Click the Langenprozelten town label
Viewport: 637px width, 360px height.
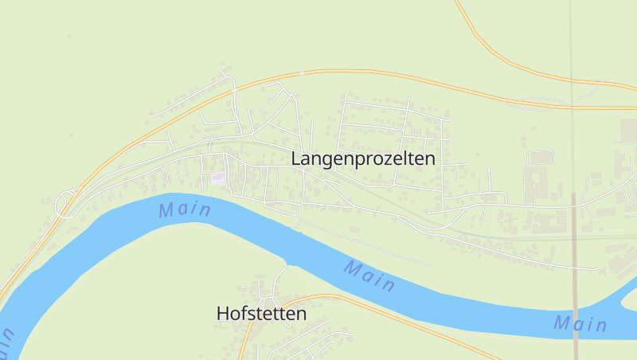[x=363, y=158]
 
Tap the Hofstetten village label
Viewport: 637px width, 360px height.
[x=261, y=314]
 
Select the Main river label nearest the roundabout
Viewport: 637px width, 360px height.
[x=185, y=210]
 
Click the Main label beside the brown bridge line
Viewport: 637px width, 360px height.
[x=580, y=324]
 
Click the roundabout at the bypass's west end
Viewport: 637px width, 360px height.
[x=64, y=203]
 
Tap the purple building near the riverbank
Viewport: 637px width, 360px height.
[x=217, y=178]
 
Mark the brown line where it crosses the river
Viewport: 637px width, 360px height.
[x=575, y=311]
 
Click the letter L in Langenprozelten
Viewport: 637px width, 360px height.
[x=296, y=158]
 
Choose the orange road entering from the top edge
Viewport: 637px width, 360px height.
[x=478, y=32]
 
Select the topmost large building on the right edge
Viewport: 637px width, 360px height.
[x=629, y=127]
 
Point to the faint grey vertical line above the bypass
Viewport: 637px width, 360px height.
[x=571, y=40]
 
